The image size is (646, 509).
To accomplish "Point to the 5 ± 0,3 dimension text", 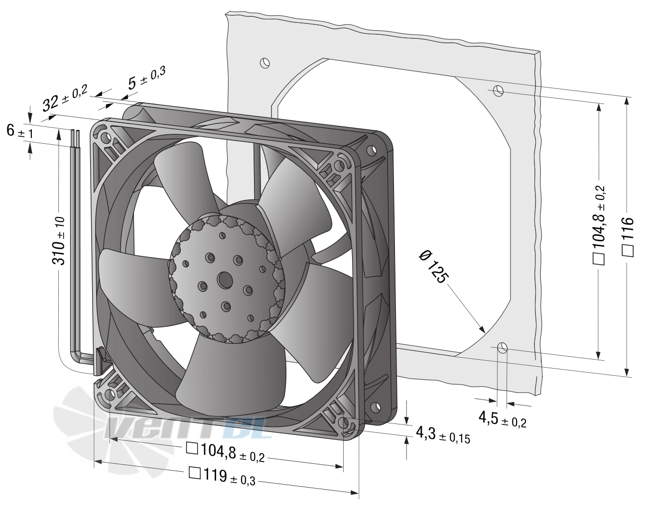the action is [x=147, y=78].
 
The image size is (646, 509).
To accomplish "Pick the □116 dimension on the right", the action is [x=628, y=237].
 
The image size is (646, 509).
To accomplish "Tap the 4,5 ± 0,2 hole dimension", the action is [x=502, y=419].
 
